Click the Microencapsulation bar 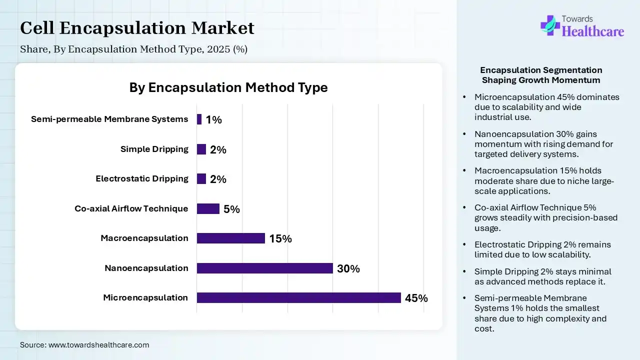pos(298,298)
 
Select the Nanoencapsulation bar pos(264,268)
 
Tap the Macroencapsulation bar pos(230,238)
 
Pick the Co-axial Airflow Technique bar pos(208,208)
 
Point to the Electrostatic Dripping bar pos(201,179)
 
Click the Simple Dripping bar pos(201,149)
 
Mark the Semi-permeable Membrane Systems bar pos(199,119)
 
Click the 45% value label pos(416,298)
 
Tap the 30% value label pos(348,269)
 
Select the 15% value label pos(280,239)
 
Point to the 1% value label pos(213,120)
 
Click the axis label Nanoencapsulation pos(146,268)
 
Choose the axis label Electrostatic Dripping pos(142,178)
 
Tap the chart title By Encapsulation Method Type pos(228,87)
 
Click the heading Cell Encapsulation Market pos(137,28)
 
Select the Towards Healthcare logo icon pos(550,25)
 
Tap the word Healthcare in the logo pos(593,31)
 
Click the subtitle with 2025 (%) pos(133,49)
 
